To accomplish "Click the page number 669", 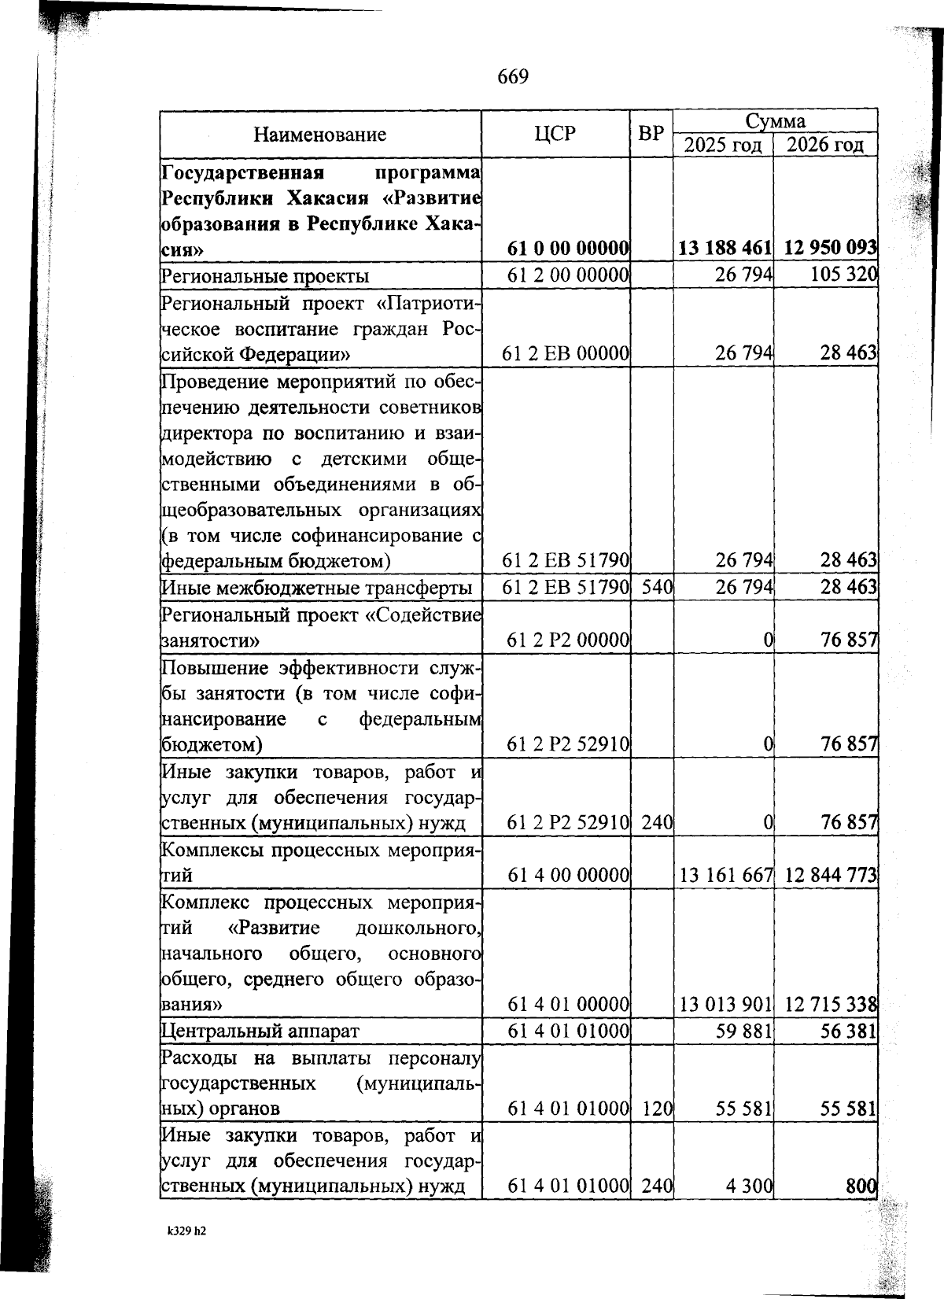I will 513,77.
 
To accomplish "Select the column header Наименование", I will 319,135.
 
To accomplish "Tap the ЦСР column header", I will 555,134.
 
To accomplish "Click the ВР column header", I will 651,134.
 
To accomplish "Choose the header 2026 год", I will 825,146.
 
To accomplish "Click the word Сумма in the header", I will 775,121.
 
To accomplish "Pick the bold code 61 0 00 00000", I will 567,249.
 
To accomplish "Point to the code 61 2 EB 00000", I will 565,354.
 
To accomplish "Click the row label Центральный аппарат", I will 260,1031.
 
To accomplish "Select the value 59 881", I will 743,1031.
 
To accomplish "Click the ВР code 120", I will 656,1109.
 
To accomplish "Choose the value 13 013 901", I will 725,1005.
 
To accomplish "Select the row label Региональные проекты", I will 264,276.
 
